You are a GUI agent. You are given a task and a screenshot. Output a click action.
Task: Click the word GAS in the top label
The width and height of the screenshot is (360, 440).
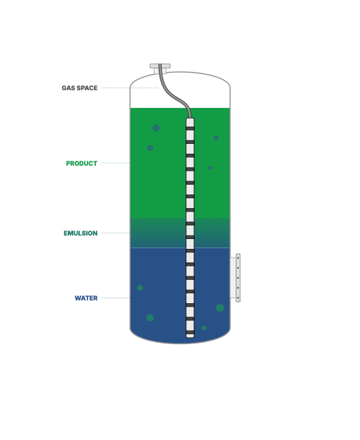point(68,88)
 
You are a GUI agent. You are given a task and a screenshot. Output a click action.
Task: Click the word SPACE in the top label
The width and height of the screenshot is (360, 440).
point(87,88)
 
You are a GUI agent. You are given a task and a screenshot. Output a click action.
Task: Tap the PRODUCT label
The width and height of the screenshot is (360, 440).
point(82,164)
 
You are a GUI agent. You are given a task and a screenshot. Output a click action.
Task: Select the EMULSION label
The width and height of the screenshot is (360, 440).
point(80,233)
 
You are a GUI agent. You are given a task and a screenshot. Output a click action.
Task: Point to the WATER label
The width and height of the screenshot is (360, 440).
point(86,298)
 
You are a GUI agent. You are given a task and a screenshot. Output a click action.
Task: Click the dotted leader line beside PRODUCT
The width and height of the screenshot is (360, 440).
point(116,163)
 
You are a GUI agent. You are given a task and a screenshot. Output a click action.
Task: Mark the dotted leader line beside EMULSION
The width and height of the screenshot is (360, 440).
point(116,233)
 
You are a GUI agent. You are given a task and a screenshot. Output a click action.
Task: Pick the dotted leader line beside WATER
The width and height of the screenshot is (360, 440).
point(116,298)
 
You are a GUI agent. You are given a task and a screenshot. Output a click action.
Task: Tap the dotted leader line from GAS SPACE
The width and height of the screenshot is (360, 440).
point(130,88)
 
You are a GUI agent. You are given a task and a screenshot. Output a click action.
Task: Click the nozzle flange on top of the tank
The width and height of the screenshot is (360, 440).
point(160,66)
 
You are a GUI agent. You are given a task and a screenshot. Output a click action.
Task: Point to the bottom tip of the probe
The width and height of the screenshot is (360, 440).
point(190,338)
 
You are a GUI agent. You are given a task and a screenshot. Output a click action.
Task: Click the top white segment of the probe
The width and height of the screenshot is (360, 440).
point(190,123)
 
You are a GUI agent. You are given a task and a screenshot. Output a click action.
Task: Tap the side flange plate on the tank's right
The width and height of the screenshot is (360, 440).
point(238,278)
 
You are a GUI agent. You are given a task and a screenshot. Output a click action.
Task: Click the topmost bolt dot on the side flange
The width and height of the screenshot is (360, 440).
point(238,257)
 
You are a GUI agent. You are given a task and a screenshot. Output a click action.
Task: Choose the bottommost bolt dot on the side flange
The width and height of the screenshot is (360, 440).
point(238,298)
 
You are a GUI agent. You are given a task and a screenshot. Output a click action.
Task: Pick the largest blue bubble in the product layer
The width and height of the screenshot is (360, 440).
point(156,128)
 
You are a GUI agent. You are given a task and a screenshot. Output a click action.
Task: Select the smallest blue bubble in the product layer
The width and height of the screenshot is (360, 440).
point(210,168)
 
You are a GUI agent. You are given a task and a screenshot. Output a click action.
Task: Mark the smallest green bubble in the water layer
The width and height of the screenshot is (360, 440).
point(204,328)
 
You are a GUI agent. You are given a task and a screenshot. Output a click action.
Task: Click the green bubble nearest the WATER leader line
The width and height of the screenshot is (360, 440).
point(140,288)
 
